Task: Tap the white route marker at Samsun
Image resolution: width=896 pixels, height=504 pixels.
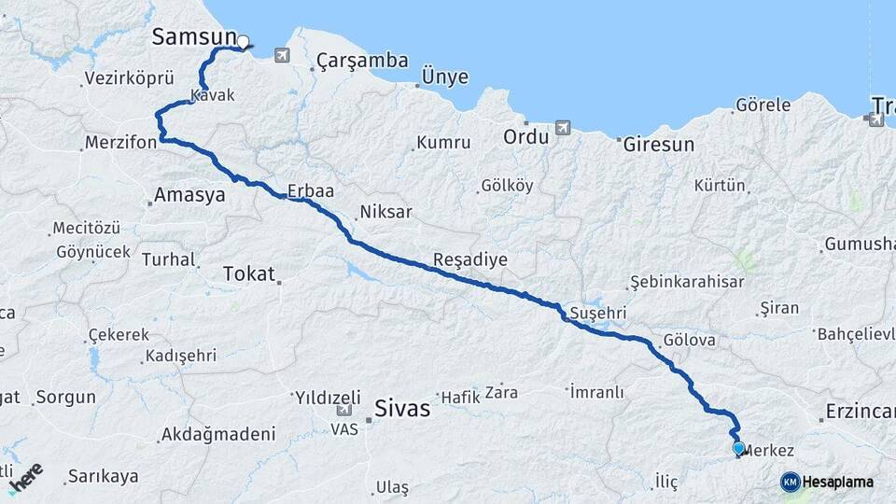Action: point(243,41)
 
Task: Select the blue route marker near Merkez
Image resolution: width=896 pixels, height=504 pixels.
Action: point(738,449)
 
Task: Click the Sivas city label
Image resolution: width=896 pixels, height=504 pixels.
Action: point(402,408)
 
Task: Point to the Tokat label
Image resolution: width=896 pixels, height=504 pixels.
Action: point(249,273)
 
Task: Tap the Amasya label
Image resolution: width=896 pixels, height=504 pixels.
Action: point(189,196)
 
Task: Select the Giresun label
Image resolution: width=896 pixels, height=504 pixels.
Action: point(659,145)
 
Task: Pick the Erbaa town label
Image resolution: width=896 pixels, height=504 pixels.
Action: point(311,190)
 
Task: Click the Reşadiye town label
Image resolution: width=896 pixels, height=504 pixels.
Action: point(470,259)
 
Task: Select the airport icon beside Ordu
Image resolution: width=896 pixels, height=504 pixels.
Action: point(562,127)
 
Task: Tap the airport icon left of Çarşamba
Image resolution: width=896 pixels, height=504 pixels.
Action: point(283,56)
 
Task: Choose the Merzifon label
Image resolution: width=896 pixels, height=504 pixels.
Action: point(119,144)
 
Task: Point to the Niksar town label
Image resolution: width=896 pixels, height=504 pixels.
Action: point(385,212)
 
